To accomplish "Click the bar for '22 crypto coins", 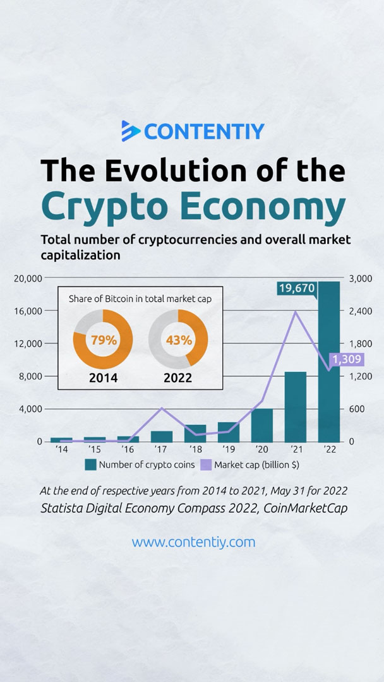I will [x=329, y=366].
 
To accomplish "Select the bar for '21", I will [x=296, y=407].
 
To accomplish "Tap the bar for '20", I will [x=262, y=425].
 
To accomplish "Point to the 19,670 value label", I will [x=297, y=289].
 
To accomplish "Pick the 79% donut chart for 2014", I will [x=103, y=340].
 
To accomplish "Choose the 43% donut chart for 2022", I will [x=178, y=340].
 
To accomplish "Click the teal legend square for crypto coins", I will [x=90, y=465].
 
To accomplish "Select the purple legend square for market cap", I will [x=205, y=465].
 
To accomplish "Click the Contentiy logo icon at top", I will [x=131, y=131].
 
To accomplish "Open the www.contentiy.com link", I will [x=193, y=542].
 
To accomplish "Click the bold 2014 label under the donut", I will [x=103, y=379].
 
